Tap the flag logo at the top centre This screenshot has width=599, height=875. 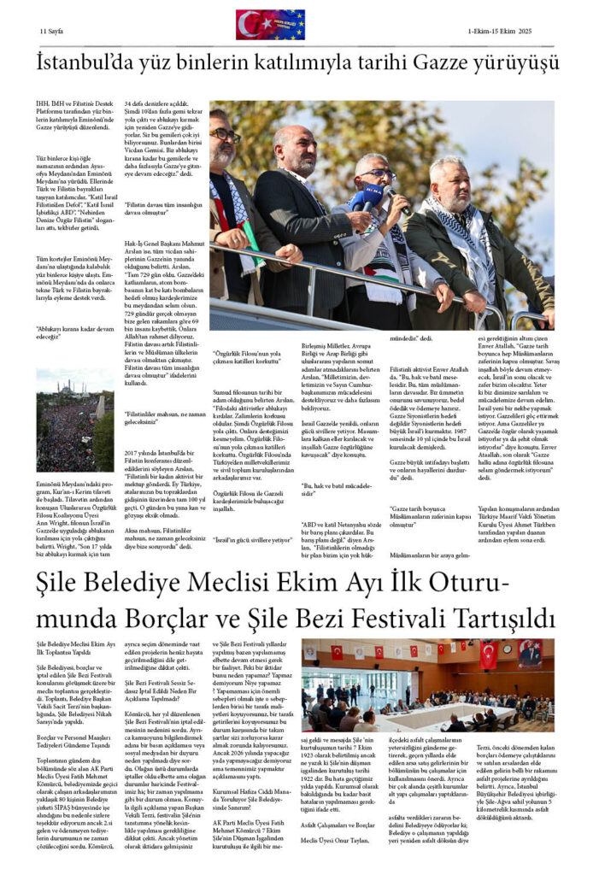tap(270, 25)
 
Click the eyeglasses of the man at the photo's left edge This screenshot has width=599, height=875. tap(225, 135)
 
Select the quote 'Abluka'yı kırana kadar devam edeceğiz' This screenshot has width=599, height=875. tap(73, 331)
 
